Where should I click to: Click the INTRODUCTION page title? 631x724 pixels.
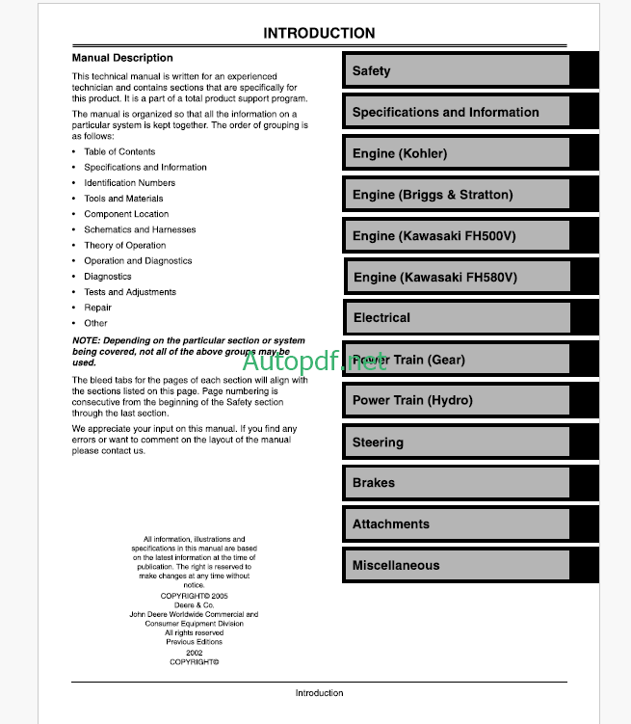coord(319,34)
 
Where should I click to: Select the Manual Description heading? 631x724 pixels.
coord(122,58)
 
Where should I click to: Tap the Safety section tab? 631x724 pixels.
coord(371,71)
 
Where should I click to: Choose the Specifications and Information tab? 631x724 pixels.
coord(445,113)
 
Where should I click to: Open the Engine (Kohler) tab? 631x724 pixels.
coord(399,153)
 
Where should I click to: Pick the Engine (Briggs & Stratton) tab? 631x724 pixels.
coord(432,195)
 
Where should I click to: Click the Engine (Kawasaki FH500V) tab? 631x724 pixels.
coord(434,236)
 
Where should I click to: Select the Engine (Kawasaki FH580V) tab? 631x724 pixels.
coord(434,278)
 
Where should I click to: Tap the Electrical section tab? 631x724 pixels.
coord(381,318)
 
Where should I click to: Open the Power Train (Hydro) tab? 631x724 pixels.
coord(412,401)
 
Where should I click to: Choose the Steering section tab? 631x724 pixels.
coord(378,442)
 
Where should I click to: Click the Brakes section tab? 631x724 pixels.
coord(373,483)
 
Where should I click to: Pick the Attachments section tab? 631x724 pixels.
coord(390,524)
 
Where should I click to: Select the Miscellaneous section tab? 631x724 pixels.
coord(395,566)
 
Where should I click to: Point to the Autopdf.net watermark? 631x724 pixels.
coord(314,362)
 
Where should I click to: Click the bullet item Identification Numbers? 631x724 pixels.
coord(129,183)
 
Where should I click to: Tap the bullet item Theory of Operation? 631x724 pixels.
coord(124,245)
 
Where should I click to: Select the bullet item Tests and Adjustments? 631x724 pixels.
coord(129,292)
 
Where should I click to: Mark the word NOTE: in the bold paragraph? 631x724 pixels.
coord(86,341)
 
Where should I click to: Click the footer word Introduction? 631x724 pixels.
coord(319,693)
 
